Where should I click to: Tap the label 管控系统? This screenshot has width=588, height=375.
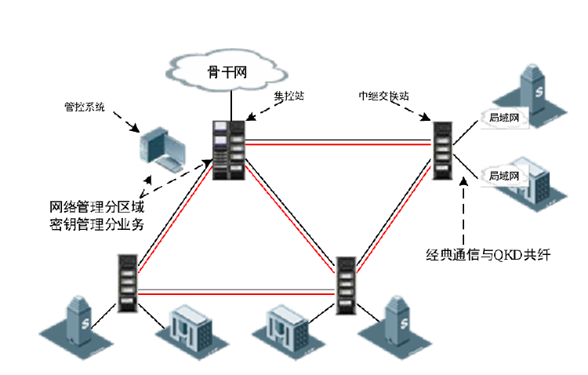84,105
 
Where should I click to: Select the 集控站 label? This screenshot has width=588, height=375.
289,95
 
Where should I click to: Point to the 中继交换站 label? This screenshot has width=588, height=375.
383,95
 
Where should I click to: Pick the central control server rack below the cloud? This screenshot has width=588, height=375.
230,149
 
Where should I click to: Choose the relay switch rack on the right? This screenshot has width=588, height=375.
444,151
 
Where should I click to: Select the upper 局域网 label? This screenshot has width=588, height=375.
504,118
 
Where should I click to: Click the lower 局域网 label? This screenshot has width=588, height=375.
504,176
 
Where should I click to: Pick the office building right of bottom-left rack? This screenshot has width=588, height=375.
186,330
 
